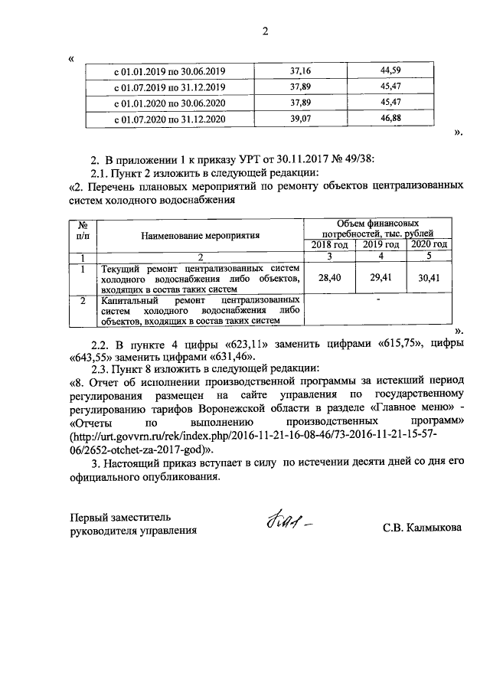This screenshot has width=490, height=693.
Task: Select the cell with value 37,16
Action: pyautogui.click(x=300, y=70)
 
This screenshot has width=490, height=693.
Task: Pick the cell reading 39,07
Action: pyautogui.click(x=300, y=119)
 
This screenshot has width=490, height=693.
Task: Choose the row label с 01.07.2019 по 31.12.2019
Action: pyautogui.click(x=169, y=87)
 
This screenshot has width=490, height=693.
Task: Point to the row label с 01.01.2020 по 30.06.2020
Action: pyautogui.click(x=169, y=103)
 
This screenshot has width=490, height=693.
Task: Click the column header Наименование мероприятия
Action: pyautogui.click(x=201, y=235)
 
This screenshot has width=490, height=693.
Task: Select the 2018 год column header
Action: pyautogui.click(x=329, y=244)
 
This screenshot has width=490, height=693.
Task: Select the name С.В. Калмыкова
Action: pyautogui.click(x=423, y=528)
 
